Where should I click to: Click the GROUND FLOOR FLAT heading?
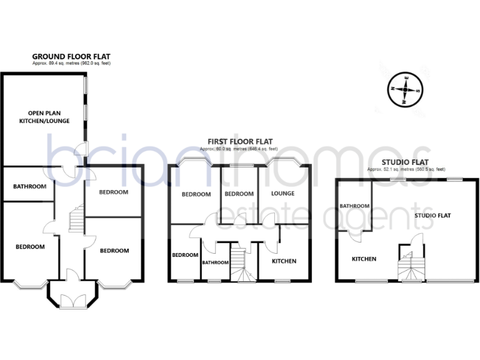[71, 56]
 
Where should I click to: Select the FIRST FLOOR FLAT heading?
[240, 142]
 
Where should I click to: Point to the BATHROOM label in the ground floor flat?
[29, 186]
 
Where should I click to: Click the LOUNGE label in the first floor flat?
[282, 194]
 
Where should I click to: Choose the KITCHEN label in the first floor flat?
[284, 261]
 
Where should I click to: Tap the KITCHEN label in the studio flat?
[364, 259]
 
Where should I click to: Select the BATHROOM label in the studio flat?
[354, 206]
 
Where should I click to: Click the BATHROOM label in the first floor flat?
[215, 262]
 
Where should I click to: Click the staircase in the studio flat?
[411, 264]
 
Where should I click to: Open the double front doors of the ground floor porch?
[72, 301]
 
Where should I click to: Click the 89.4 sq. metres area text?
[71, 64]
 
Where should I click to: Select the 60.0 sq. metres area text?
[240, 149]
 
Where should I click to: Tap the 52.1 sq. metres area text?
[406, 169]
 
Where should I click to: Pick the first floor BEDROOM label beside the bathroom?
[185, 255]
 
